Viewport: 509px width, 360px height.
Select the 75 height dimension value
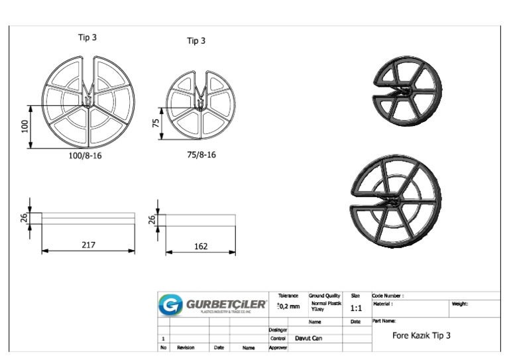[156, 124]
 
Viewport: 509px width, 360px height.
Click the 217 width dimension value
[88, 245]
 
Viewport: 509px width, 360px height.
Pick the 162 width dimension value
[200, 247]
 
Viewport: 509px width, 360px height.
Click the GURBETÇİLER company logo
[213, 306]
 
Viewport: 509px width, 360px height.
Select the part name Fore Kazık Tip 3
[421, 335]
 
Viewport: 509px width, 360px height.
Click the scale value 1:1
[356, 308]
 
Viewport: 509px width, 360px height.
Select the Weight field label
[461, 304]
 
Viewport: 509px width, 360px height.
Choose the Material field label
[384, 304]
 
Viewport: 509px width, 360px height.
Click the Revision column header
[186, 347]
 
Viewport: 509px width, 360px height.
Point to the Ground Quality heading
[324, 296]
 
